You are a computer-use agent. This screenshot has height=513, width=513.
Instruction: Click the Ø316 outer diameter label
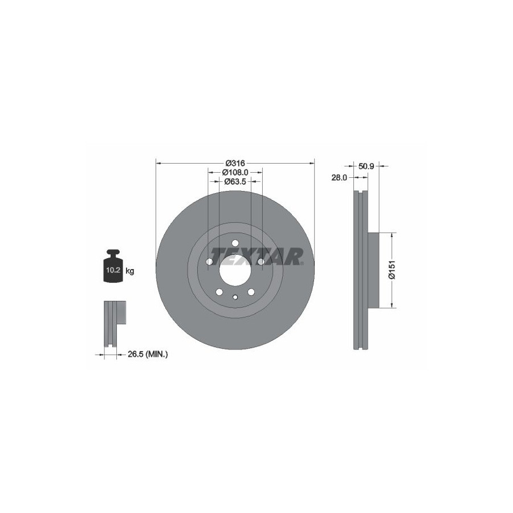click(235, 162)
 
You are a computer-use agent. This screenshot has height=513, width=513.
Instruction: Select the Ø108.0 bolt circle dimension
click(235, 172)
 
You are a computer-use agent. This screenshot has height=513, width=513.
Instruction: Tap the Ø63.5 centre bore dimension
click(235, 181)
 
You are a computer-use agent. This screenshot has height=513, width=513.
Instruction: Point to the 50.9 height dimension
click(366, 166)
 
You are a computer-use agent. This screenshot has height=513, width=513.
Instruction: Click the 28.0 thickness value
click(339, 178)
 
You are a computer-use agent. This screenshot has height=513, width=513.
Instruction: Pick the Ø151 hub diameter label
click(392, 270)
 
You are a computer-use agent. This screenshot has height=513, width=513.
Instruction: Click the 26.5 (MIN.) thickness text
click(148, 353)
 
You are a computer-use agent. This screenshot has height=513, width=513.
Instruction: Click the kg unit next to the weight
click(130, 271)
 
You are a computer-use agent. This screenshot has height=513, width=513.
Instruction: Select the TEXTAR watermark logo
click(257, 256)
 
